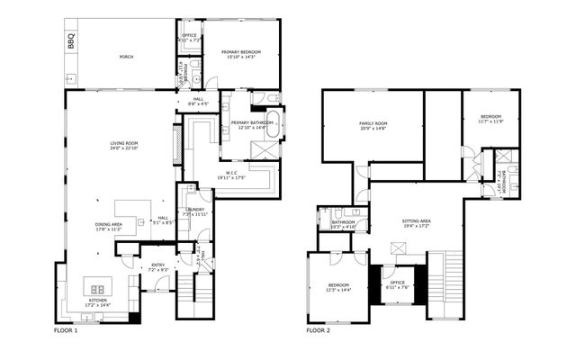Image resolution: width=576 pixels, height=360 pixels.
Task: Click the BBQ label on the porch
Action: tap(71, 41)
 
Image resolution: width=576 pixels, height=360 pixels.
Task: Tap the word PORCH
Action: tap(126, 57)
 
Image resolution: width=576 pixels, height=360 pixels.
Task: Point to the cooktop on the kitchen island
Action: tap(96, 289)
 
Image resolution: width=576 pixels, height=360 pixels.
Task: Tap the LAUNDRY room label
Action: tap(195, 211)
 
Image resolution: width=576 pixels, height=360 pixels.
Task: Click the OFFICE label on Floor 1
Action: tap(190, 38)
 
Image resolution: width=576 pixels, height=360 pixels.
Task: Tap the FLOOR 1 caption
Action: tap(66, 330)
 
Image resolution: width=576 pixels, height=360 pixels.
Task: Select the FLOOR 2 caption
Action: tap(319, 330)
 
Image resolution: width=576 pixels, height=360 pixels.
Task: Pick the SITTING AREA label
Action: tap(417, 221)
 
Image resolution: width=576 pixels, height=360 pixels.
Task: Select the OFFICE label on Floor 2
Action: tap(397, 284)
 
